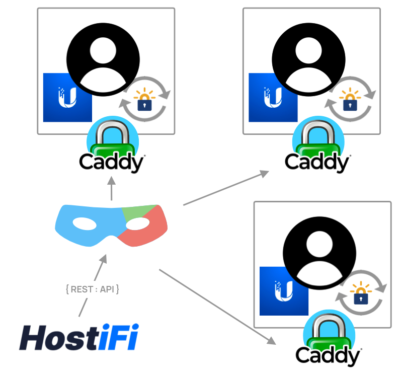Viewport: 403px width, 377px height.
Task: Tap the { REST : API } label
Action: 92,289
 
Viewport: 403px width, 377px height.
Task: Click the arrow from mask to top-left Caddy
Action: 111,189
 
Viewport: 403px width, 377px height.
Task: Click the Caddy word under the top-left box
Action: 111,163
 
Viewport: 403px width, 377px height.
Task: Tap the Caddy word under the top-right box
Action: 317,163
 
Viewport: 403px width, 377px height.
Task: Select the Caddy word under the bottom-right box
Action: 328,355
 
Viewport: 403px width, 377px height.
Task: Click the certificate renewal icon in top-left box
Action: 145,99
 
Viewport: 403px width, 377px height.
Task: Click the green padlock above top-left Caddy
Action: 111,138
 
